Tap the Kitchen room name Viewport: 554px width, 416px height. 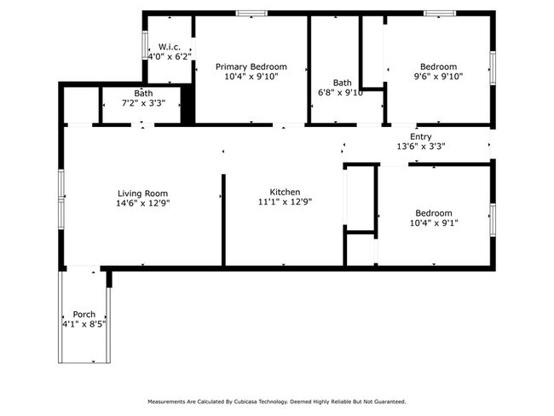(x=285, y=192)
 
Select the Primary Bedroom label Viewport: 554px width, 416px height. (x=251, y=66)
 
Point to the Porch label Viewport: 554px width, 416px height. (x=84, y=315)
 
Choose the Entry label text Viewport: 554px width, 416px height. (x=421, y=136)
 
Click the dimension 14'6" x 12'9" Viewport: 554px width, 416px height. (x=142, y=203)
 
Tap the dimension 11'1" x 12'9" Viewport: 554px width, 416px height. (x=285, y=202)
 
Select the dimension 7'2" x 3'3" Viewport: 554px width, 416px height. (x=143, y=103)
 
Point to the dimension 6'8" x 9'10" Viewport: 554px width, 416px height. (x=341, y=93)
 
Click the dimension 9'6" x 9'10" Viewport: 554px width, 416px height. (x=438, y=77)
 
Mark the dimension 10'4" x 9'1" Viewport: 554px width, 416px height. (x=434, y=223)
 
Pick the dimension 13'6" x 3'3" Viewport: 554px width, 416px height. (x=421, y=146)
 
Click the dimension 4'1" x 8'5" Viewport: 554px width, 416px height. (x=84, y=324)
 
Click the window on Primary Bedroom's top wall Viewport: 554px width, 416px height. (x=251, y=13)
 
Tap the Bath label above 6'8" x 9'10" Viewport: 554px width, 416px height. (x=342, y=83)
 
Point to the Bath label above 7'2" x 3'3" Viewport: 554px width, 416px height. (x=143, y=93)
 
